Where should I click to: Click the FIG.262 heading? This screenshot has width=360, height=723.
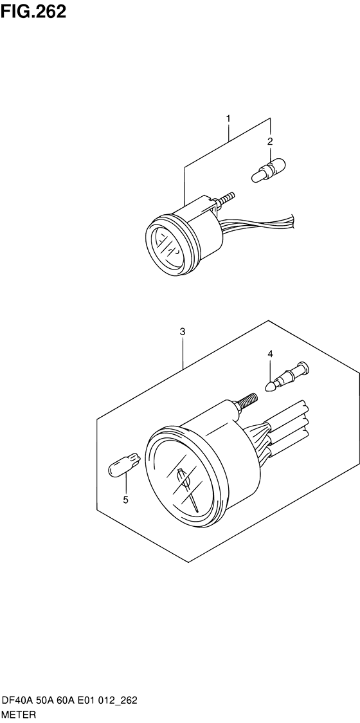[x=33, y=12]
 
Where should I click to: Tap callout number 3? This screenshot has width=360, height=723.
[x=183, y=331]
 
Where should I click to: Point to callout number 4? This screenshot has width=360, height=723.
[x=270, y=354]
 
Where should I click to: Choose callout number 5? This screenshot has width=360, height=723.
[x=125, y=500]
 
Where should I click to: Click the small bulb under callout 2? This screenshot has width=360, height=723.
[x=269, y=170]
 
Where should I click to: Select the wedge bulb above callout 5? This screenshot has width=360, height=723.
[x=123, y=463]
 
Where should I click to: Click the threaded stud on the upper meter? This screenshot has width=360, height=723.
[x=225, y=198]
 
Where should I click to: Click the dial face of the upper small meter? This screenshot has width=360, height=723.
[x=168, y=248]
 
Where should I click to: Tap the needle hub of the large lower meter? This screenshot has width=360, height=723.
[x=183, y=478]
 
